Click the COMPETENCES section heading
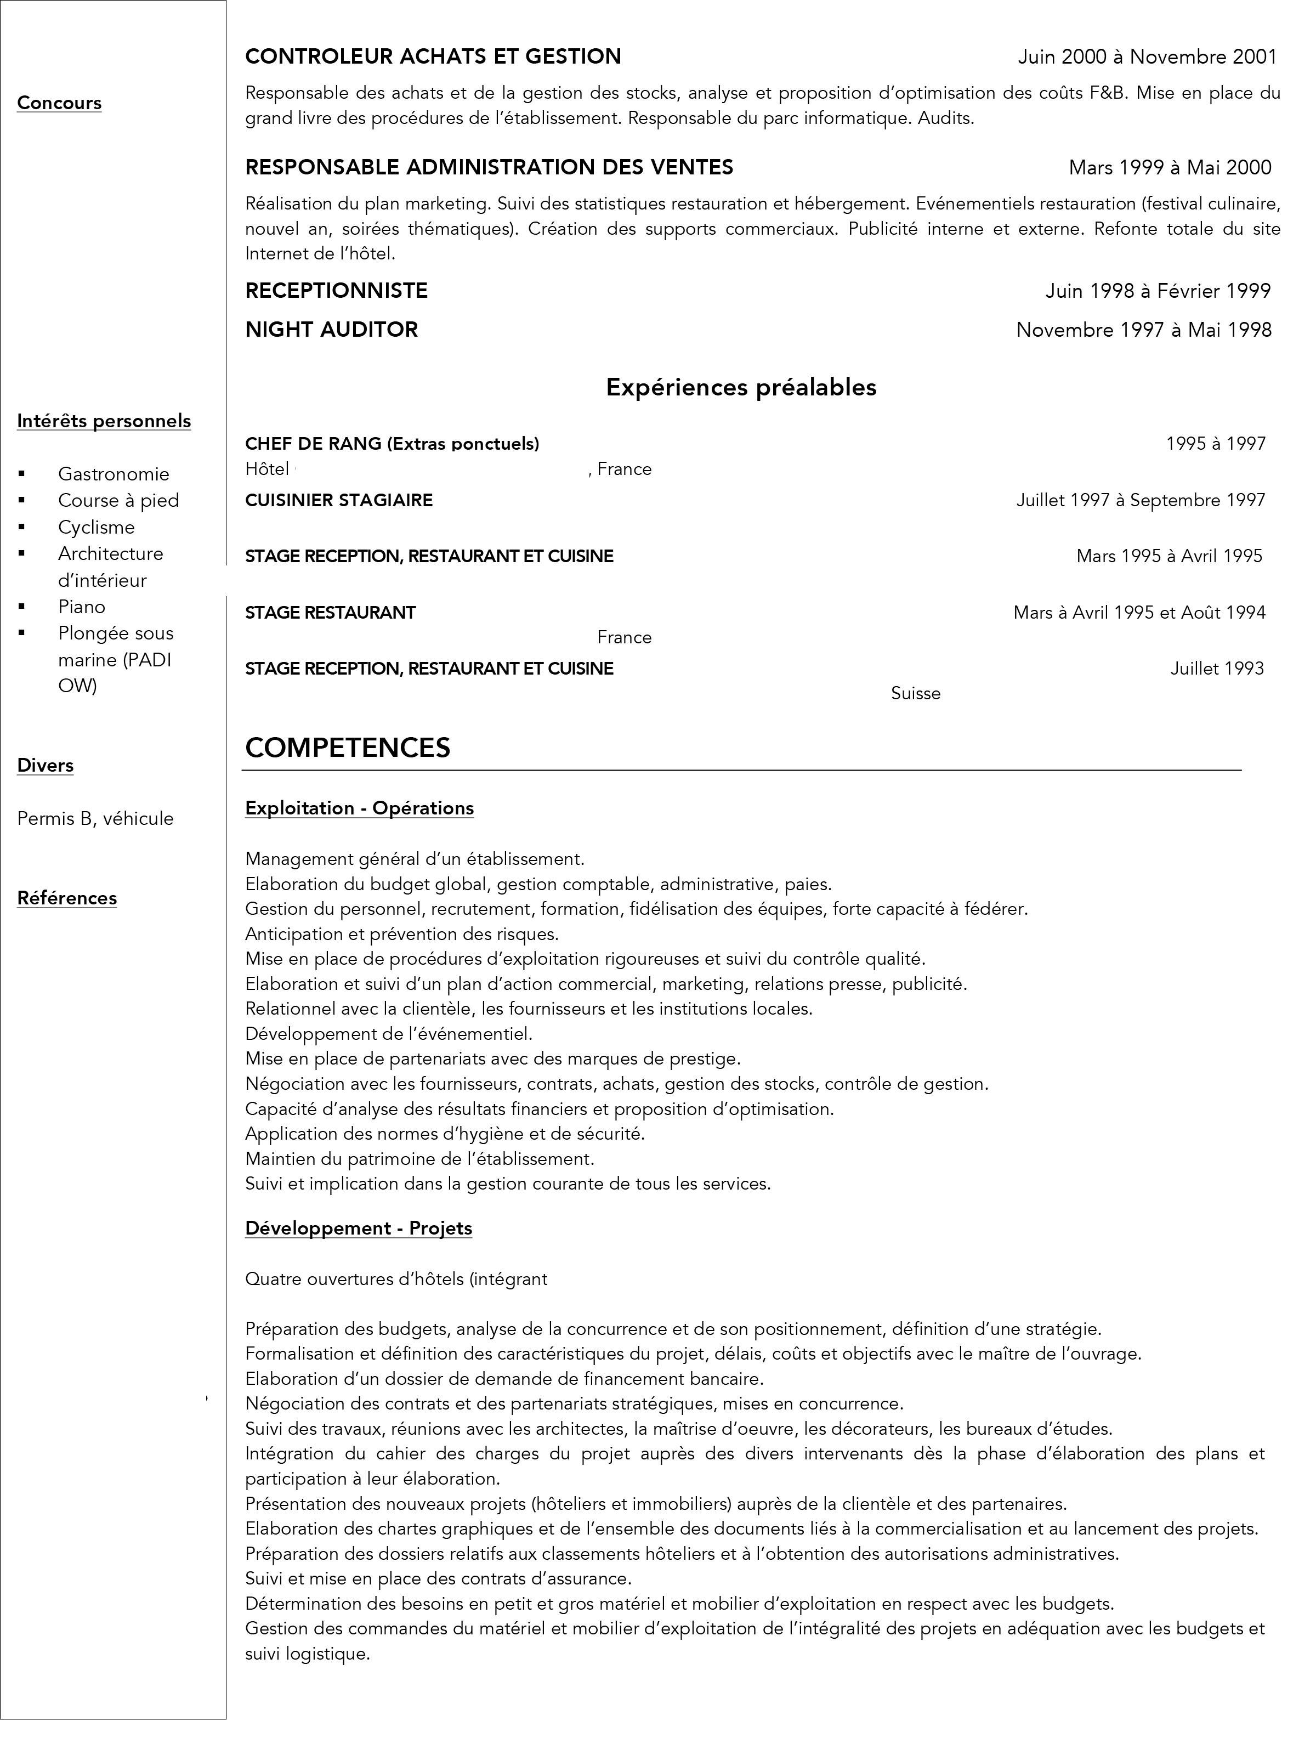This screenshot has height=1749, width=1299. pyautogui.click(x=348, y=747)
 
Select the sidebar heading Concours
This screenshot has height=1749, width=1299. pyautogui.click(x=59, y=103)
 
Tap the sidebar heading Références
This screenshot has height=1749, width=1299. pyautogui.click(x=67, y=898)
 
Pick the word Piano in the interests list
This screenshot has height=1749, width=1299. pyautogui.click(x=82, y=607)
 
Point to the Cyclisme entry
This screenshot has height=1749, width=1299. pyautogui.click(x=96, y=527)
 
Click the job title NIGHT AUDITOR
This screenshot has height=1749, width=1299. pyautogui.click(x=331, y=330)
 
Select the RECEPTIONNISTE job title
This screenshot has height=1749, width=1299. pyautogui.click(x=337, y=291)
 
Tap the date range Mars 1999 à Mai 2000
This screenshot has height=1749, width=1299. pyautogui.click(x=1169, y=167)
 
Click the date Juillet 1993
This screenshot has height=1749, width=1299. pyautogui.click(x=1216, y=669)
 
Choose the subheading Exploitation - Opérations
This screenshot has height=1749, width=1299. pyautogui.click(x=359, y=808)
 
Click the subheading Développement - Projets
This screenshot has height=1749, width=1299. pyautogui.click(x=359, y=1229)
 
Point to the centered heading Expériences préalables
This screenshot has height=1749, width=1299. pyautogui.click(x=741, y=387)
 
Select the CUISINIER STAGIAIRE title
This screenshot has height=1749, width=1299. pyautogui.click(x=339, y=500)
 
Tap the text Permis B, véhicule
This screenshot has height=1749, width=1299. pyautogui.click(x=95, y=819)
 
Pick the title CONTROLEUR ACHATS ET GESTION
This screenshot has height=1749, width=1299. pyautogui.click(x=433, y=56)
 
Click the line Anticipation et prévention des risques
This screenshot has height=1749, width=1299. pyautogui.click(x=402, y=934)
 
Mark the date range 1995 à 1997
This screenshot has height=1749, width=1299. pyautogui.click(x=1216, y=444)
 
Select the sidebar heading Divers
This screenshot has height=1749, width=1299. pyautogui.click(x=46, y=765)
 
